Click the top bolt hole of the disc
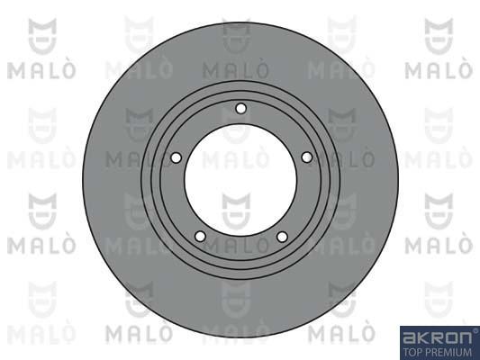click(241, 109)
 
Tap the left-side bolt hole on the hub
click(176, 157)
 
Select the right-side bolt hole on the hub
click(307, 157)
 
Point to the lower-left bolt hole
click(200, 237)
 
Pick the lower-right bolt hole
click(282, 237)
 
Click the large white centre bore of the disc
click(240, 180)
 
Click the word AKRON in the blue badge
click(437, 338)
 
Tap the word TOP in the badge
click(412, 352)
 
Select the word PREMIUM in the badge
click(447, 352)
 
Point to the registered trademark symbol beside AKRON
click(475, 330)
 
